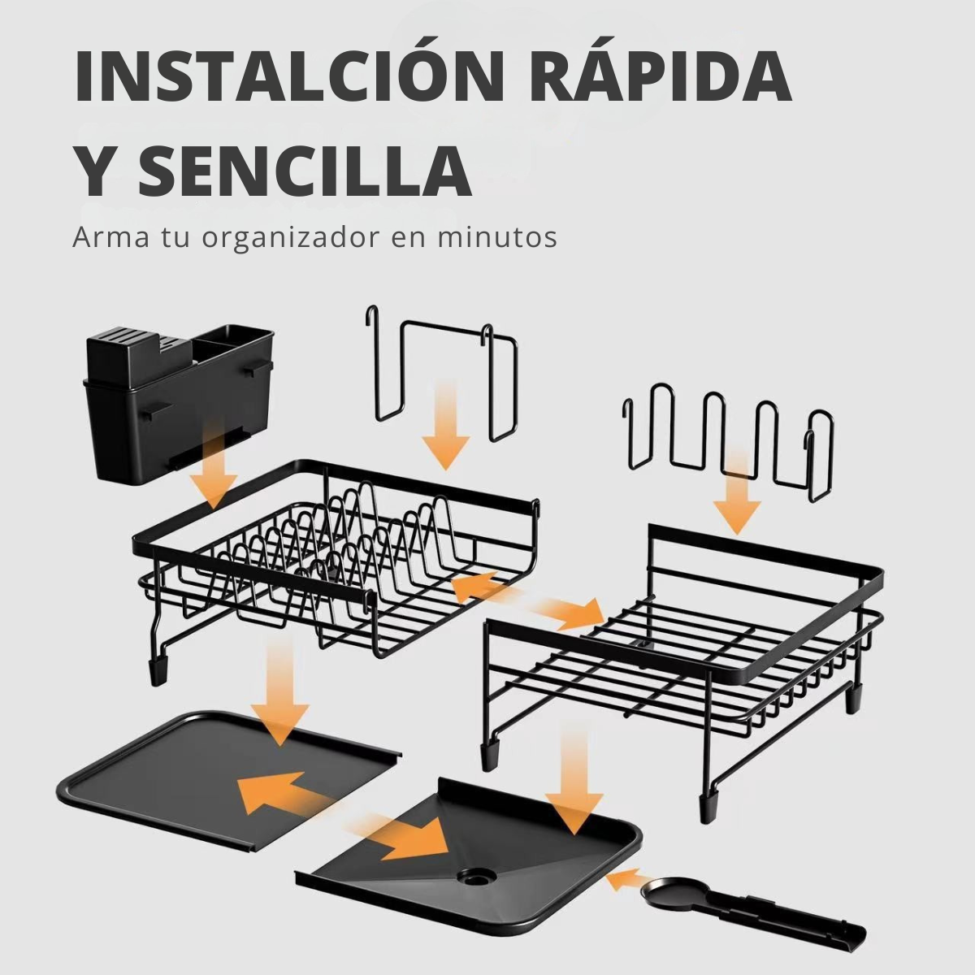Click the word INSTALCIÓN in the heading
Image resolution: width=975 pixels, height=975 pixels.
pos(288,76)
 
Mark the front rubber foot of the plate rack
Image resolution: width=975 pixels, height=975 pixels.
pos(158,672)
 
